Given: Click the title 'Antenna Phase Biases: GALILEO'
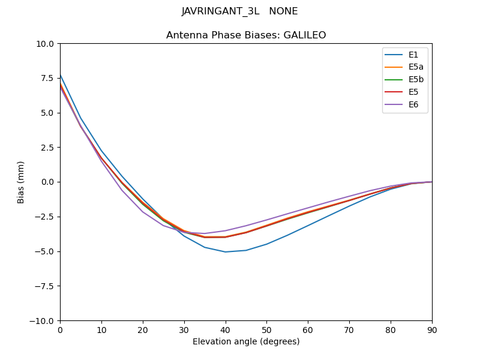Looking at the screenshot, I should pyautogui.click(x=246, y=35).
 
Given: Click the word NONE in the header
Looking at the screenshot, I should pyautogui.click(x=283, y=11).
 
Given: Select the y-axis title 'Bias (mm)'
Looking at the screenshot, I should pyautogui.click(x=21, y=182).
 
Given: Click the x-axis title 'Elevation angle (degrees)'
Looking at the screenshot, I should pyautogui.click(x=246, y=341).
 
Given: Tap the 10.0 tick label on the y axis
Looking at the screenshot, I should pyautogui.click(x=44, y=44).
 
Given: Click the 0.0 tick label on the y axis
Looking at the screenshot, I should pyautogui.click(x=47, y=182).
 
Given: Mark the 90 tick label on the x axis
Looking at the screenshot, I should pyautogui.click(x=432, y=329).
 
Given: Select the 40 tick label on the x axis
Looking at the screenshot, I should pyautogui.click(x=225, y=329).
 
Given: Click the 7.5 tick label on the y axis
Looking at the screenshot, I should pyautogui.click(x=47, y=79).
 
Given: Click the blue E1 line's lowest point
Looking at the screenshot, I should pyautogui.click(x=226, y=252).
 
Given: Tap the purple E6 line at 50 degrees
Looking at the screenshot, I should pyautogui.click(x=266, y=220).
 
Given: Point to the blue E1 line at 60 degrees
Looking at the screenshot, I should pyautogui.click(x=308, y=226).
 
